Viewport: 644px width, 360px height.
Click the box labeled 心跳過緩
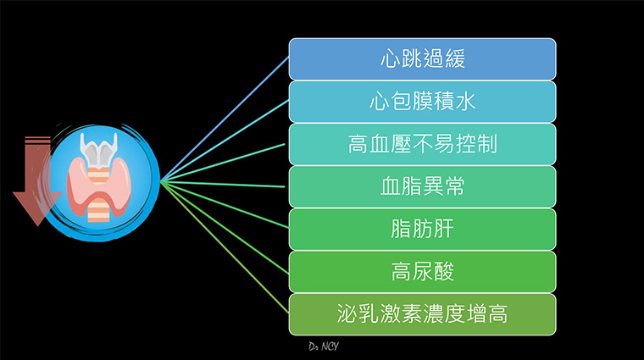pos(422,59)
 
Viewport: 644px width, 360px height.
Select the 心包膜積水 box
pos(422,102)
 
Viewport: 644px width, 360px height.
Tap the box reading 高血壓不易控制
pos(422,145)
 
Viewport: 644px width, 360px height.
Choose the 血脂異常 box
pos(422,186)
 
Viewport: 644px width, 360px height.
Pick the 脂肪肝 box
pos(422,230)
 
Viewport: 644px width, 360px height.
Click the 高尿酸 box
pos(422,272)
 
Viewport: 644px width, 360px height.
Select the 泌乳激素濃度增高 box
pos(422,314)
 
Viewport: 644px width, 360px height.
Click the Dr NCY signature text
pos(324,346)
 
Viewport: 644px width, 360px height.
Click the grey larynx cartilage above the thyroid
pos(98,150)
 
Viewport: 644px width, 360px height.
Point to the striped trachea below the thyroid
pos(98,209)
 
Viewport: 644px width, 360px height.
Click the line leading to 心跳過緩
pos(225,119)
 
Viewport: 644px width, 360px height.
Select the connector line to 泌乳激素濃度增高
pos(225,247)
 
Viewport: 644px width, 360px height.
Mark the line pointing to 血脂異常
pos(223,184)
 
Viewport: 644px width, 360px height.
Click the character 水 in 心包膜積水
pos(465,102)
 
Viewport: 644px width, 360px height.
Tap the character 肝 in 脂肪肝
pos(443,230)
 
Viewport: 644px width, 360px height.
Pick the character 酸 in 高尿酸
pos(443,272)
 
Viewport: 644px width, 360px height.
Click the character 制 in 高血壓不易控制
pos(487,145)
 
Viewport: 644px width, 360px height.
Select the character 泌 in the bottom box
pos(347,314)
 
